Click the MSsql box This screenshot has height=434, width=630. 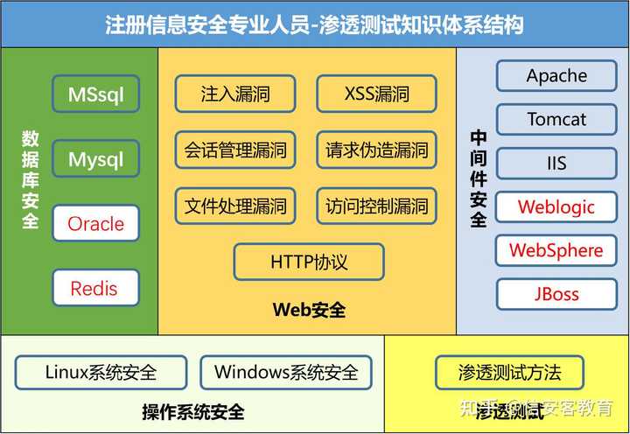(x=95, y=94)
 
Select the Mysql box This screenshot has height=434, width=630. (x=95, y=160)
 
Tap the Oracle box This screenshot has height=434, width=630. (x=95, y=223)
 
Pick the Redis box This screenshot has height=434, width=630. (x=95, y=288)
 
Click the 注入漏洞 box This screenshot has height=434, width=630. (x=235, y=94)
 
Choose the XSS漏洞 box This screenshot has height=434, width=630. (x=376, y=94)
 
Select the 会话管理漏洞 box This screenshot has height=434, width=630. (x=235, y=150)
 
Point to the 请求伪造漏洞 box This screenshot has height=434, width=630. (x=376, y=150)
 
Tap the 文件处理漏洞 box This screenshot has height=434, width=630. (x=235, y=206)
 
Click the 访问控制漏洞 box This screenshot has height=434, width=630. (x=376, y=206)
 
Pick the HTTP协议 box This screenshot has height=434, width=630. (x=309, y=262)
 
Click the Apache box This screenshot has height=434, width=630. (x=556, y=75)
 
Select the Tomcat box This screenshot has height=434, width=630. (x=556, y=119)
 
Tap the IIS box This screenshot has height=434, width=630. (x=556, y=163)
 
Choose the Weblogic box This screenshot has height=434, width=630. (x=556, y=206)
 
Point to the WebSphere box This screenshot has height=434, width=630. (x=556, y=250)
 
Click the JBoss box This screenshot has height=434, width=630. (x=556, y=294)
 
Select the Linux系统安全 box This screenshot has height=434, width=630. (x=101, y=372)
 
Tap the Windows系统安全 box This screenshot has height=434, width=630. (x=286, y=372)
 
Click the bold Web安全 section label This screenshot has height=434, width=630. (x=309, y=309)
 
